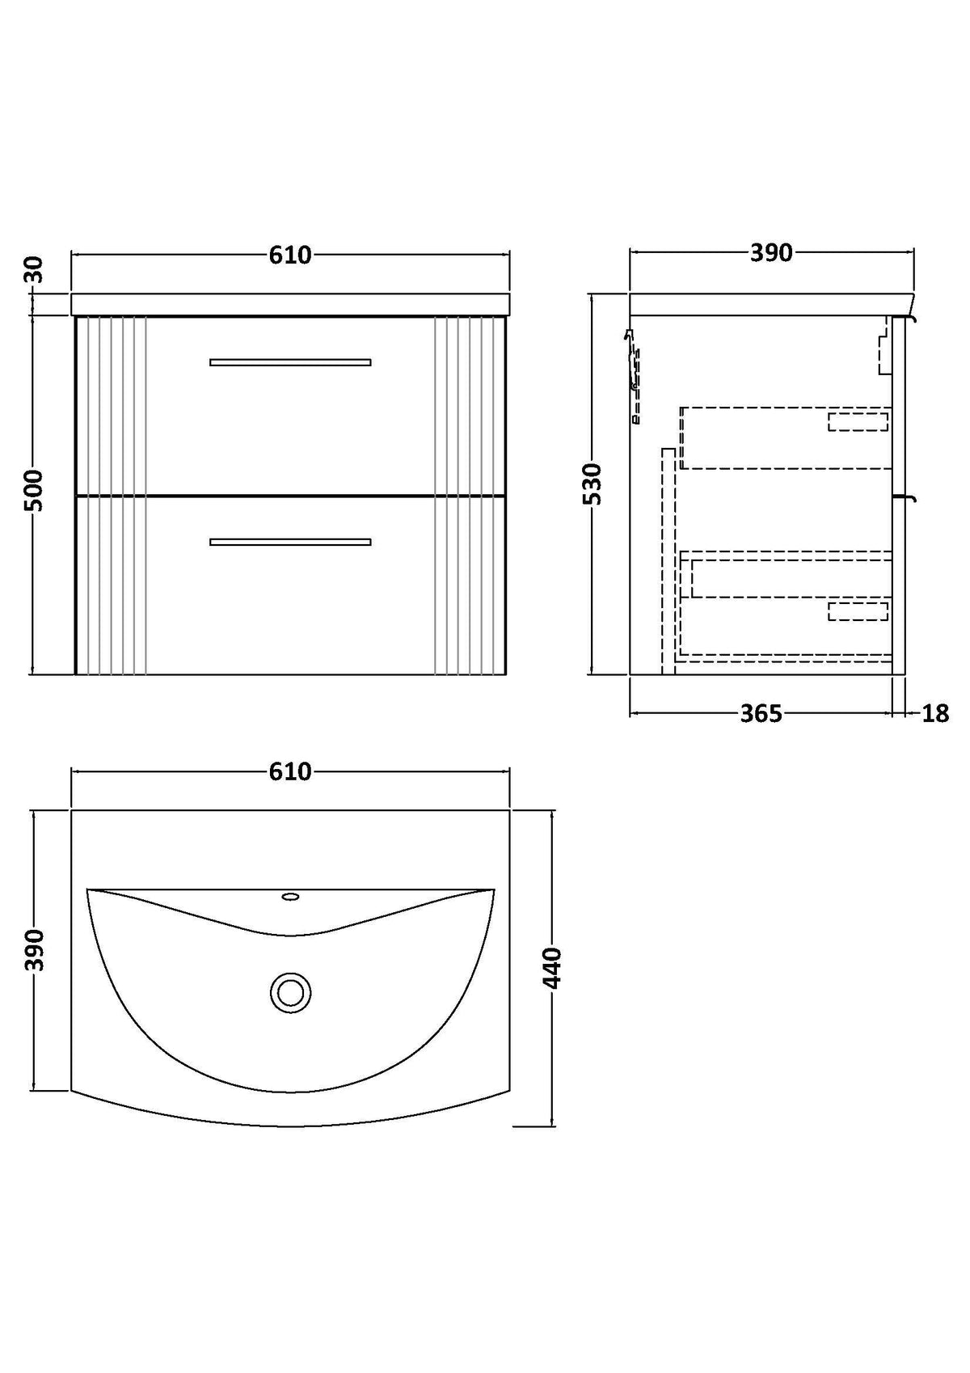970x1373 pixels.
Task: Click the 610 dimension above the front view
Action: pyautogui.click(x=290, y=255)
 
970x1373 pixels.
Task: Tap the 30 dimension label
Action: pyautogui.click(x=35, y=270)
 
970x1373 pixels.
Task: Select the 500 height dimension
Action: pyautogui.click(x=35, y=490)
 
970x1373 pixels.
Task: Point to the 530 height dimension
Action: pyautogui.click(x=593, y=484)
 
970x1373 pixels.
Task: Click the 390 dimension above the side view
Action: pyautogui.click(x=771, y=252)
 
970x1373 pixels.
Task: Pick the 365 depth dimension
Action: pyautogui.click(x=761, y=713)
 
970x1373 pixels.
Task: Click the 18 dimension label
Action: pyautogui.click(x=935, y=713)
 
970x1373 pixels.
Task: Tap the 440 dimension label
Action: pyautogui.click(x=553, y=969)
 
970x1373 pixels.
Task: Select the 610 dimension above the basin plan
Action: pyautogui.click(x=290, y=772)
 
